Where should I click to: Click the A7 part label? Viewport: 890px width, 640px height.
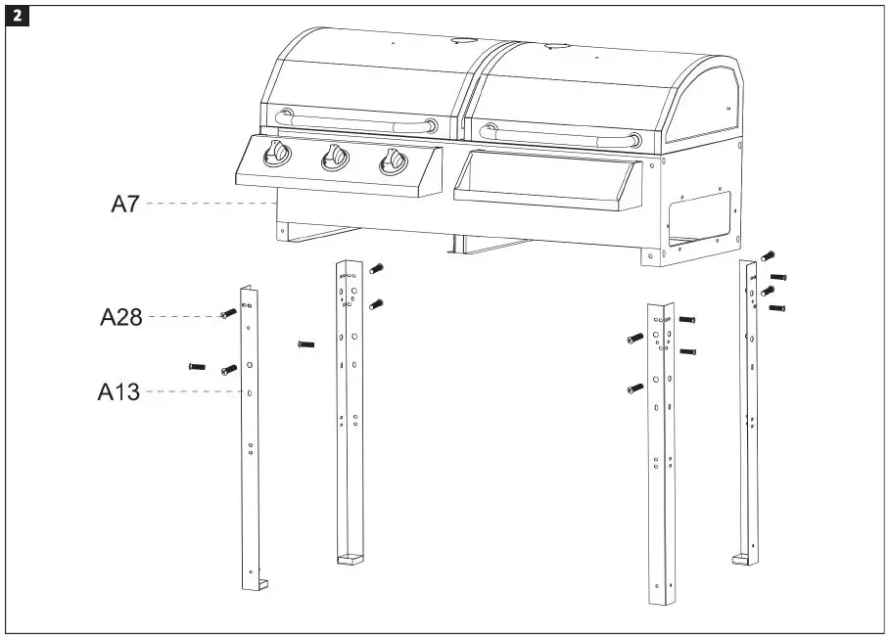point(124,205)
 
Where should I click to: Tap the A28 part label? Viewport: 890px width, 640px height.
point(120,317)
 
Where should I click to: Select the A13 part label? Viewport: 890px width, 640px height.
point(118,392)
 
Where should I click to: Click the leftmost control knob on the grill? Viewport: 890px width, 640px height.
point(278,154)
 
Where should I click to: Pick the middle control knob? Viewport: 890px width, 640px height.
point(336,157)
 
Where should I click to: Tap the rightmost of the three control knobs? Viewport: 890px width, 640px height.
point(393,160)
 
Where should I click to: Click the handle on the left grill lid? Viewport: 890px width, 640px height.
point(356,122)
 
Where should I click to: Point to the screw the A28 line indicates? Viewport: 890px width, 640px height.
point(228,314)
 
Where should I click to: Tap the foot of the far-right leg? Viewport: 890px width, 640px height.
point(744,559)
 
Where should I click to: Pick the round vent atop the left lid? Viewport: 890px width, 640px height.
point(460,40)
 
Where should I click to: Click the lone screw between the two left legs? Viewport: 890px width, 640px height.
point(304,343)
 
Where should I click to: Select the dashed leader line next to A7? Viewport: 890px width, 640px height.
point(211,205)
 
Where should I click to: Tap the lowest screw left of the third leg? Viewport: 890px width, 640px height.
point(632,389)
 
